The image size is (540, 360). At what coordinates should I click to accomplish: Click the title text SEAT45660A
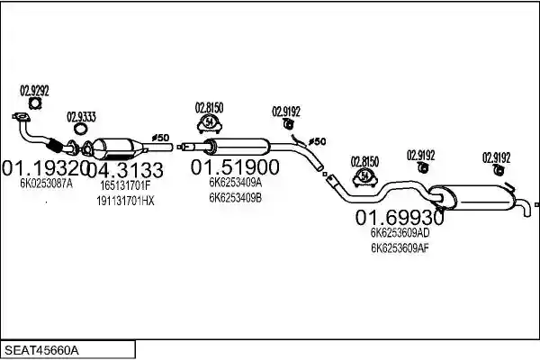(x=41, y=351)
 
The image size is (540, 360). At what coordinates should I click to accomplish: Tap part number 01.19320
(x=46, y=167)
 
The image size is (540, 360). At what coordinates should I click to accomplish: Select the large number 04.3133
(x=125, y=170)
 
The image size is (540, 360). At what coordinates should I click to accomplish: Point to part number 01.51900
(x=235, y=167)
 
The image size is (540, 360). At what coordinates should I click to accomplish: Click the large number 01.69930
(x=400, y=218)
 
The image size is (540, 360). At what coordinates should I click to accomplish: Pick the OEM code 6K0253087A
(x=46, y=184)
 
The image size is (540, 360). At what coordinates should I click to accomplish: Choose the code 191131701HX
(x=125, y=201)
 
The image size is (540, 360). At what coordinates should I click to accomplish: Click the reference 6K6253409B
(x=235, y=198)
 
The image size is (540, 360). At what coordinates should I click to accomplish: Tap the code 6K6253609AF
(x=400, y=248)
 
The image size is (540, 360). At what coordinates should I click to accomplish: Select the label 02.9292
(x=34, y=91)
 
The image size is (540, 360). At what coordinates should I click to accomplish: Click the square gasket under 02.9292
(x=35, y=103)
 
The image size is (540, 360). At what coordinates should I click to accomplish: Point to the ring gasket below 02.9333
(x=81, y=130)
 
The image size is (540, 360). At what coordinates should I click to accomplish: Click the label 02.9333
(x=81, y=117)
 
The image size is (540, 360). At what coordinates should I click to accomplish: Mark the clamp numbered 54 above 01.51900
(x=209, y=123)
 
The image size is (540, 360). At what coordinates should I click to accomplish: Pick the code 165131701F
(x=125, y=185)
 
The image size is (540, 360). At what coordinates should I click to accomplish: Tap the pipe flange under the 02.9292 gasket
(x=21, y=117)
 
